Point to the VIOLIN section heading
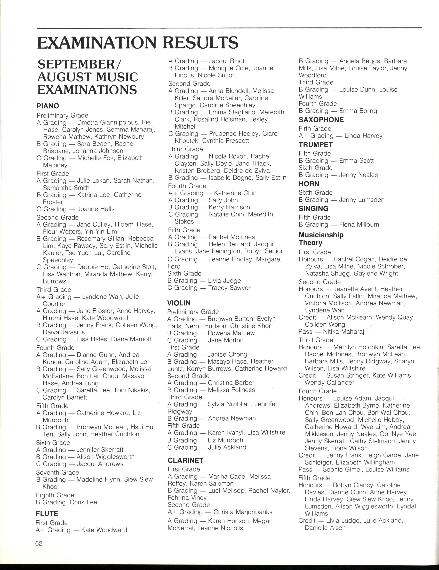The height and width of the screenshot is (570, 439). tap(179, 303)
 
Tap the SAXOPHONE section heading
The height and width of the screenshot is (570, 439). tap(321, 120)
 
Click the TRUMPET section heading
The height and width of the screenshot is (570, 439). tap(316, 145)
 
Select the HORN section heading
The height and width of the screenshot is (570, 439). tap(309, 184)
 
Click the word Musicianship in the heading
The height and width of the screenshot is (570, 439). tap(321, 235)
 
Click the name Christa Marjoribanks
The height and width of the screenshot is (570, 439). tap(243, 512)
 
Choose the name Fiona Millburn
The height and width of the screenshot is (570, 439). tap(359, 224)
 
